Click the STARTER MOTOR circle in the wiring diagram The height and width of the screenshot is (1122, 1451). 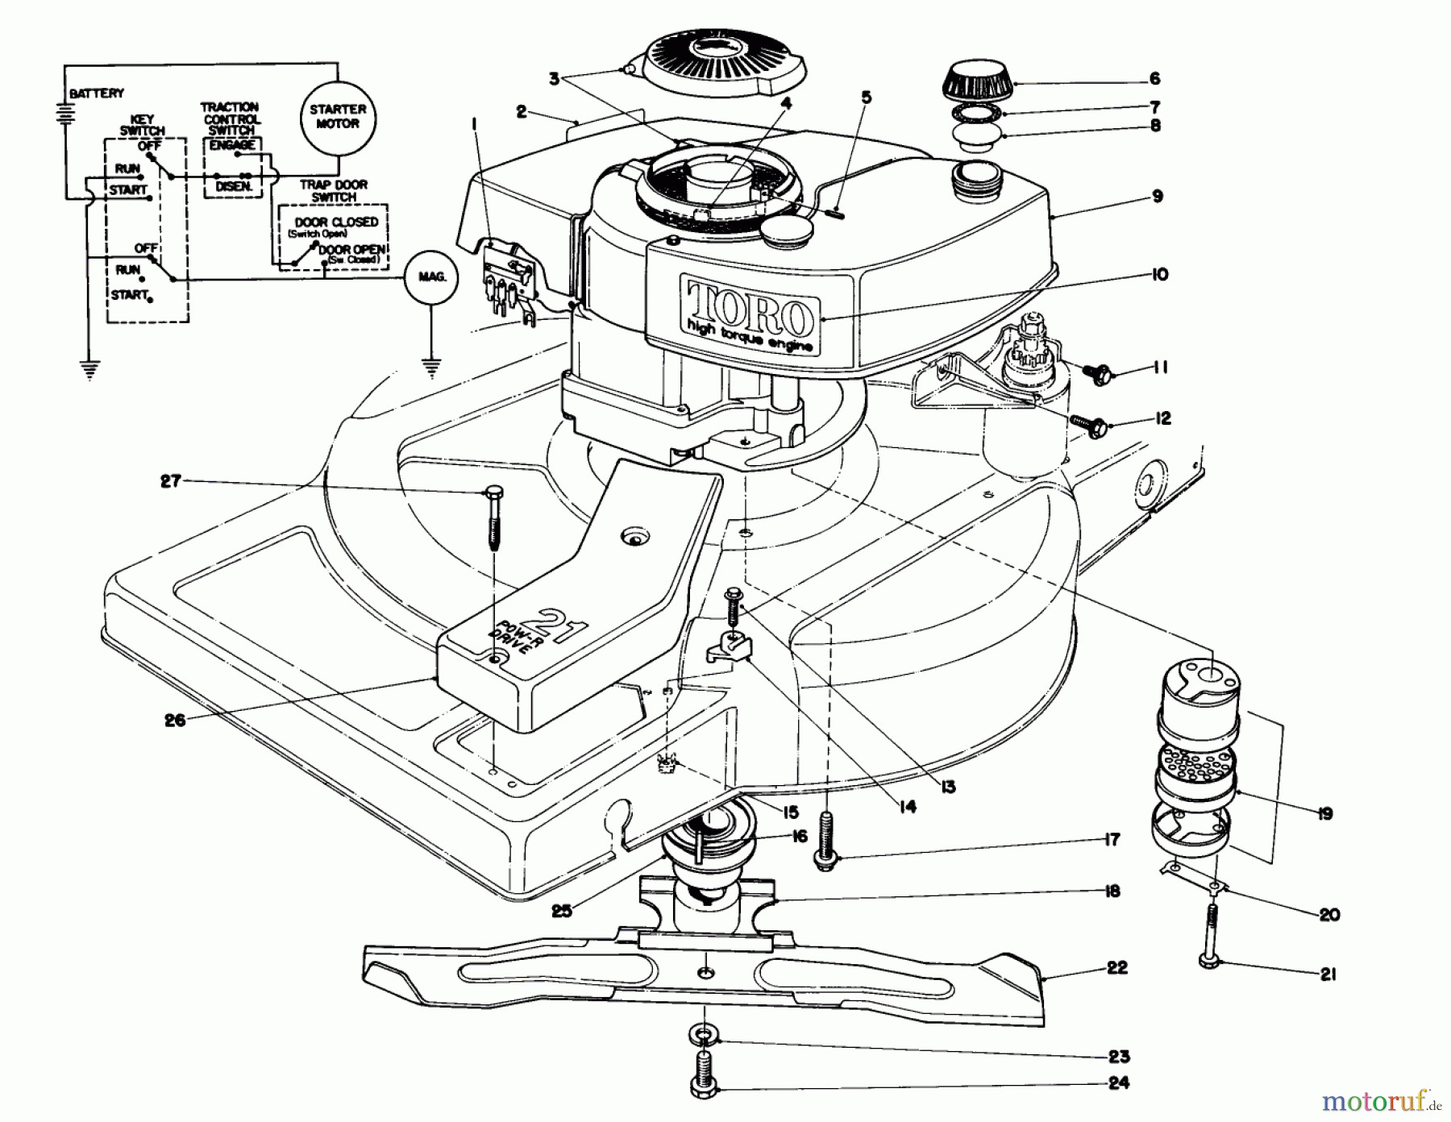[338, 116]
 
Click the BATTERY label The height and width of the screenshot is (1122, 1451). [97, 94]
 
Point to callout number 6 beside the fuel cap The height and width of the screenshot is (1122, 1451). [1154, 78]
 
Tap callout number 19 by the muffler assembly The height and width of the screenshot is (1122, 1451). [1324, 813]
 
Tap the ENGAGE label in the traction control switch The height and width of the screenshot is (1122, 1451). [232, 145]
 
